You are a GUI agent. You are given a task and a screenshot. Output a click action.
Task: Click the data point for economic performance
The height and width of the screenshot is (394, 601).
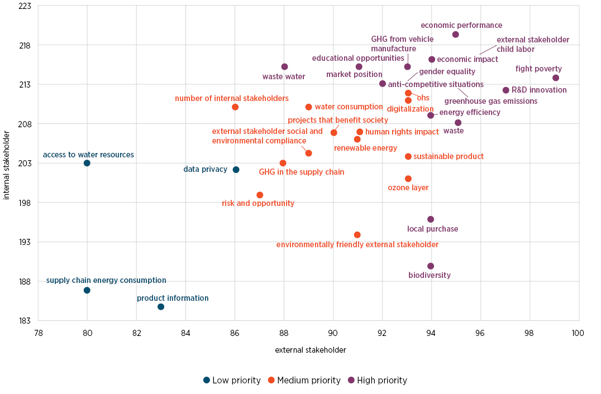tap(456, 35)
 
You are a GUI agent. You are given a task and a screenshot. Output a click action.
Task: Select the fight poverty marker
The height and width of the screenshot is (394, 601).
tap(556, 78)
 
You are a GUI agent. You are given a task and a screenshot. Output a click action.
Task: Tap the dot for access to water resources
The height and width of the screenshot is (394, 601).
tap(87, 163)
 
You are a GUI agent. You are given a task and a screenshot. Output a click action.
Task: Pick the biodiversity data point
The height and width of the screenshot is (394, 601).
tap(431, 266)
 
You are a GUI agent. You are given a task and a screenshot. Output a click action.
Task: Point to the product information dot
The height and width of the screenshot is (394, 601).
tap(161, 307)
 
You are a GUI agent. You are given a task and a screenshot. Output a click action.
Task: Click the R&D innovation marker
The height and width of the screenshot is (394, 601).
tap(506, 90)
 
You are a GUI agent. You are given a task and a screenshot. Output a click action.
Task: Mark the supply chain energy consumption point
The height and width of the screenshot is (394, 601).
tap(87, 290)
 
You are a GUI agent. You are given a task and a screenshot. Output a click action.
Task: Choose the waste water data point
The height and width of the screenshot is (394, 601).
tap(284, 67)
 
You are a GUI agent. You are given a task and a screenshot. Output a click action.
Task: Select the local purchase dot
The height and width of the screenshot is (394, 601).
tap(431, 219)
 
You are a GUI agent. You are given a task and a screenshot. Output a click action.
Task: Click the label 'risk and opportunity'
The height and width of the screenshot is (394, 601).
tap(258, 204)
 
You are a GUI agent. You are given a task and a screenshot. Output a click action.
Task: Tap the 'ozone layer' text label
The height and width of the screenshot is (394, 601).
tap(408, 188)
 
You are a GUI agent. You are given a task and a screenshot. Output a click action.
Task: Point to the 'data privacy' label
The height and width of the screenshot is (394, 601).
tap(205, 170)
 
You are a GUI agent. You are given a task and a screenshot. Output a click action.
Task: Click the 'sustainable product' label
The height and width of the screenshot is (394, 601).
tap(449, 157)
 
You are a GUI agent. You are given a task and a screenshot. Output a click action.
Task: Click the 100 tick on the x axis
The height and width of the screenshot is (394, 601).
tap(578, 333)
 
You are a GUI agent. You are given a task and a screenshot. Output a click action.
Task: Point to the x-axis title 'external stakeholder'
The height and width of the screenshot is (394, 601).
tap(311, 350)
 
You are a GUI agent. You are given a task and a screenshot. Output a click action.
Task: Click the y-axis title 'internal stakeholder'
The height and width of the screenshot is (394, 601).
tap(7, 165)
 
